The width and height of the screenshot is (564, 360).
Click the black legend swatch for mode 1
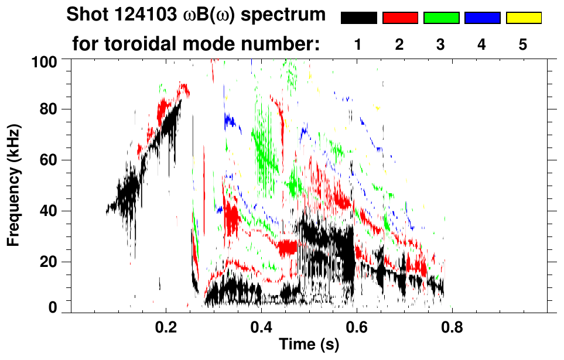(x=359, y=18)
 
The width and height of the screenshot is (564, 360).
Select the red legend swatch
(x=400, y=18)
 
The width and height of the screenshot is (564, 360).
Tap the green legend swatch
(x=441, y=18)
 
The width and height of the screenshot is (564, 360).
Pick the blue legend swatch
(x=482, y=18)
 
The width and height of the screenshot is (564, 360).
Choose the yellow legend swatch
(x=523, y=18)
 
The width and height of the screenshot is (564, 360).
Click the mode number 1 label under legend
(x=358, y=44)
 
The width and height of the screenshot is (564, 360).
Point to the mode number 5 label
(x=523, y=44)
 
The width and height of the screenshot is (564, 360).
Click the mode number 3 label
(x=440, y=44)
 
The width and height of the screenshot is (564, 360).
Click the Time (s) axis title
(x=309, y=345)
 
